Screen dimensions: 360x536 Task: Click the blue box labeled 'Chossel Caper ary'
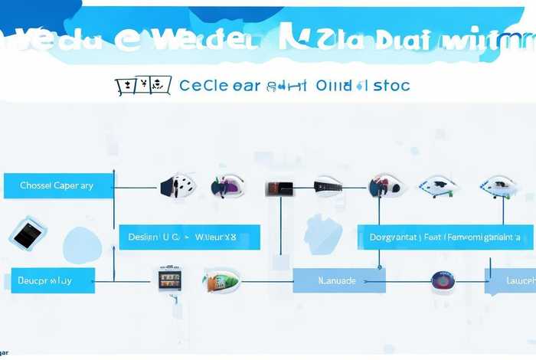point(57,185)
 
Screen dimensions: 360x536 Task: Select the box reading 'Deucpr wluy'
point(52,280)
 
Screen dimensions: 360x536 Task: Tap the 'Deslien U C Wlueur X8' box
point(189,237)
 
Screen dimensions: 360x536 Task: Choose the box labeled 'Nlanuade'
point(338,280)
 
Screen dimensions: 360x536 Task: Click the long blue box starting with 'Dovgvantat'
point(445,237)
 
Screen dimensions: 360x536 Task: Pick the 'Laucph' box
point(510,280)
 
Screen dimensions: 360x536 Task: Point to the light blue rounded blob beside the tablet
point(81,245)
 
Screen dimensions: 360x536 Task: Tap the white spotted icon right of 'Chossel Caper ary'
point(176,185)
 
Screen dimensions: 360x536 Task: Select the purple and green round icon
point(227,185)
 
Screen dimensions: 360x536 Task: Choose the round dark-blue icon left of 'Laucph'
point(443,280)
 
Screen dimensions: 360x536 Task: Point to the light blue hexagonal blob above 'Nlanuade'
point(322,231)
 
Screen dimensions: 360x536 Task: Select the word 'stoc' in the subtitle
point(392,86)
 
